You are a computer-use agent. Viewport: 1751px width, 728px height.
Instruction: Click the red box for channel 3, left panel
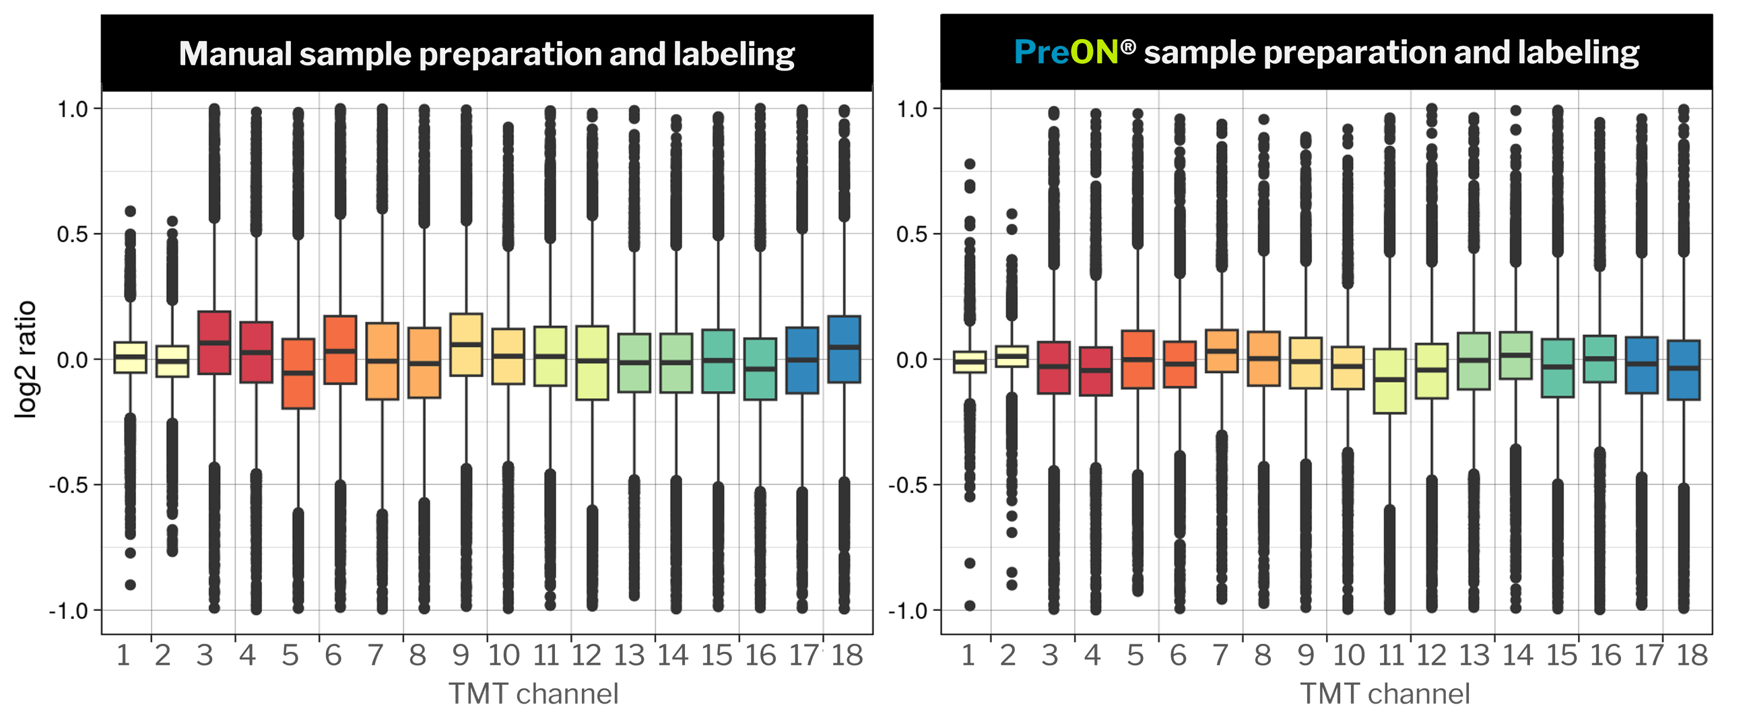tap(214, 343)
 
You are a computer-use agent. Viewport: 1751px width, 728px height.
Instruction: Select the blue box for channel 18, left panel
tap(844, 350)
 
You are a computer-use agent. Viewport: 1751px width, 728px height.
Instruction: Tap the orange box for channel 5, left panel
tap(298, 373)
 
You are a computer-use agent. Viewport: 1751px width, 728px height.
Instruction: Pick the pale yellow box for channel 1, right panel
tap(970, 362)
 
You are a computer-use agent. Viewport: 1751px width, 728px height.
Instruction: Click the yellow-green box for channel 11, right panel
tap(1389, 380)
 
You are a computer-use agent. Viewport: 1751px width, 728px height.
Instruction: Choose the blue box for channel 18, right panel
tap(1684, 370)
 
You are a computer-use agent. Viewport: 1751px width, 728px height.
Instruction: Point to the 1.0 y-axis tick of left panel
tap(73, 108)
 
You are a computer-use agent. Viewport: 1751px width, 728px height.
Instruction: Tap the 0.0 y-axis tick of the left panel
tap(73, 360)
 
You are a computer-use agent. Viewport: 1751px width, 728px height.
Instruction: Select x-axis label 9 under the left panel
tap(461, 655)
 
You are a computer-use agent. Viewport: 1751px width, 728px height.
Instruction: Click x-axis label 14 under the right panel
tap(1518, 655)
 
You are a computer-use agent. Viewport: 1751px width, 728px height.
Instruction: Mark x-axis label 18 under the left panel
tap(847, 655)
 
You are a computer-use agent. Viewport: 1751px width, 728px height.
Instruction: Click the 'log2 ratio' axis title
tap(26, 359)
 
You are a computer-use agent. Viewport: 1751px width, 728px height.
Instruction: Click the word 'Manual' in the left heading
tap(234, 54)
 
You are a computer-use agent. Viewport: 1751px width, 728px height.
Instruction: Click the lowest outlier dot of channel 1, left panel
tap(131, 585)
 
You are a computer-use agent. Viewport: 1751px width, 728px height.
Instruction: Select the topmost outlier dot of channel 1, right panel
tap(970, 164)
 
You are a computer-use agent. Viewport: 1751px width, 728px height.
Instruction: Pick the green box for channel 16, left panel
tap(760, 368)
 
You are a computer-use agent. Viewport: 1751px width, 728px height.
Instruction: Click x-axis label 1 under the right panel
tap(968, 655)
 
